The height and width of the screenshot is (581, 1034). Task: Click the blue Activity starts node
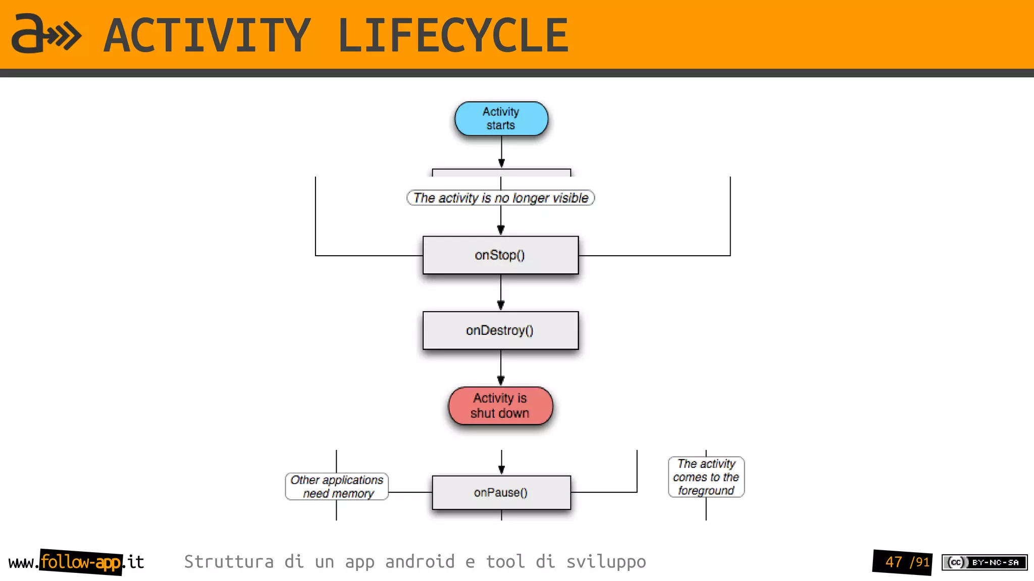[x=501, y=119]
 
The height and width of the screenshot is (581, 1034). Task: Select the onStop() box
[x=500, y=255]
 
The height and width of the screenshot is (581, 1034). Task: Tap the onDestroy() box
[x=500, y=330]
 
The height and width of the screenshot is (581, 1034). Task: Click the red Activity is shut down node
[x=500, y=406]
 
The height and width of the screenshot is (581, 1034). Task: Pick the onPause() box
[x=501, y=492]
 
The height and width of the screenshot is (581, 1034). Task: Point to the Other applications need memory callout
[x=337, y=486]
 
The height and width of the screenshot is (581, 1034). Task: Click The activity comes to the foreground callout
[x=706, y=477]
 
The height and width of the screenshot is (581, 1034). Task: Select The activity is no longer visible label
[x=500, y=198]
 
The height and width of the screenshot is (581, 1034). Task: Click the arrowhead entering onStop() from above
[x=501, y=230]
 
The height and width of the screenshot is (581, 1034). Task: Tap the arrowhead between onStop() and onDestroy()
[x=501, y=305]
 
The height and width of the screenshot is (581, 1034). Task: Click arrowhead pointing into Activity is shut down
[x=501, y=380]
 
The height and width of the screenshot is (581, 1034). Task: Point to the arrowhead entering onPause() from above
[x=501, y=470]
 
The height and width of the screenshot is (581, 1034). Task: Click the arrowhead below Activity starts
[x=501, y=163]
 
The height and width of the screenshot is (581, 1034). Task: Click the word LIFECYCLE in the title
[x=453, y=35]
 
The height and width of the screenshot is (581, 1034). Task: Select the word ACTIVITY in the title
[x=207, y=35]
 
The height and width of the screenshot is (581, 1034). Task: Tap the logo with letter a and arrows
[x=45, y=34]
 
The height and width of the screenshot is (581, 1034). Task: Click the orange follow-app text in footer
[x=81, y=562]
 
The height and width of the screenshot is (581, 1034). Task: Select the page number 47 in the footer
[x=894, y=562]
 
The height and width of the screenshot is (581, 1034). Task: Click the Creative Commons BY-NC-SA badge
[x=984, y=562]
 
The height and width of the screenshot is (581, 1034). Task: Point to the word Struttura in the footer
[x=229, y=561]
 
